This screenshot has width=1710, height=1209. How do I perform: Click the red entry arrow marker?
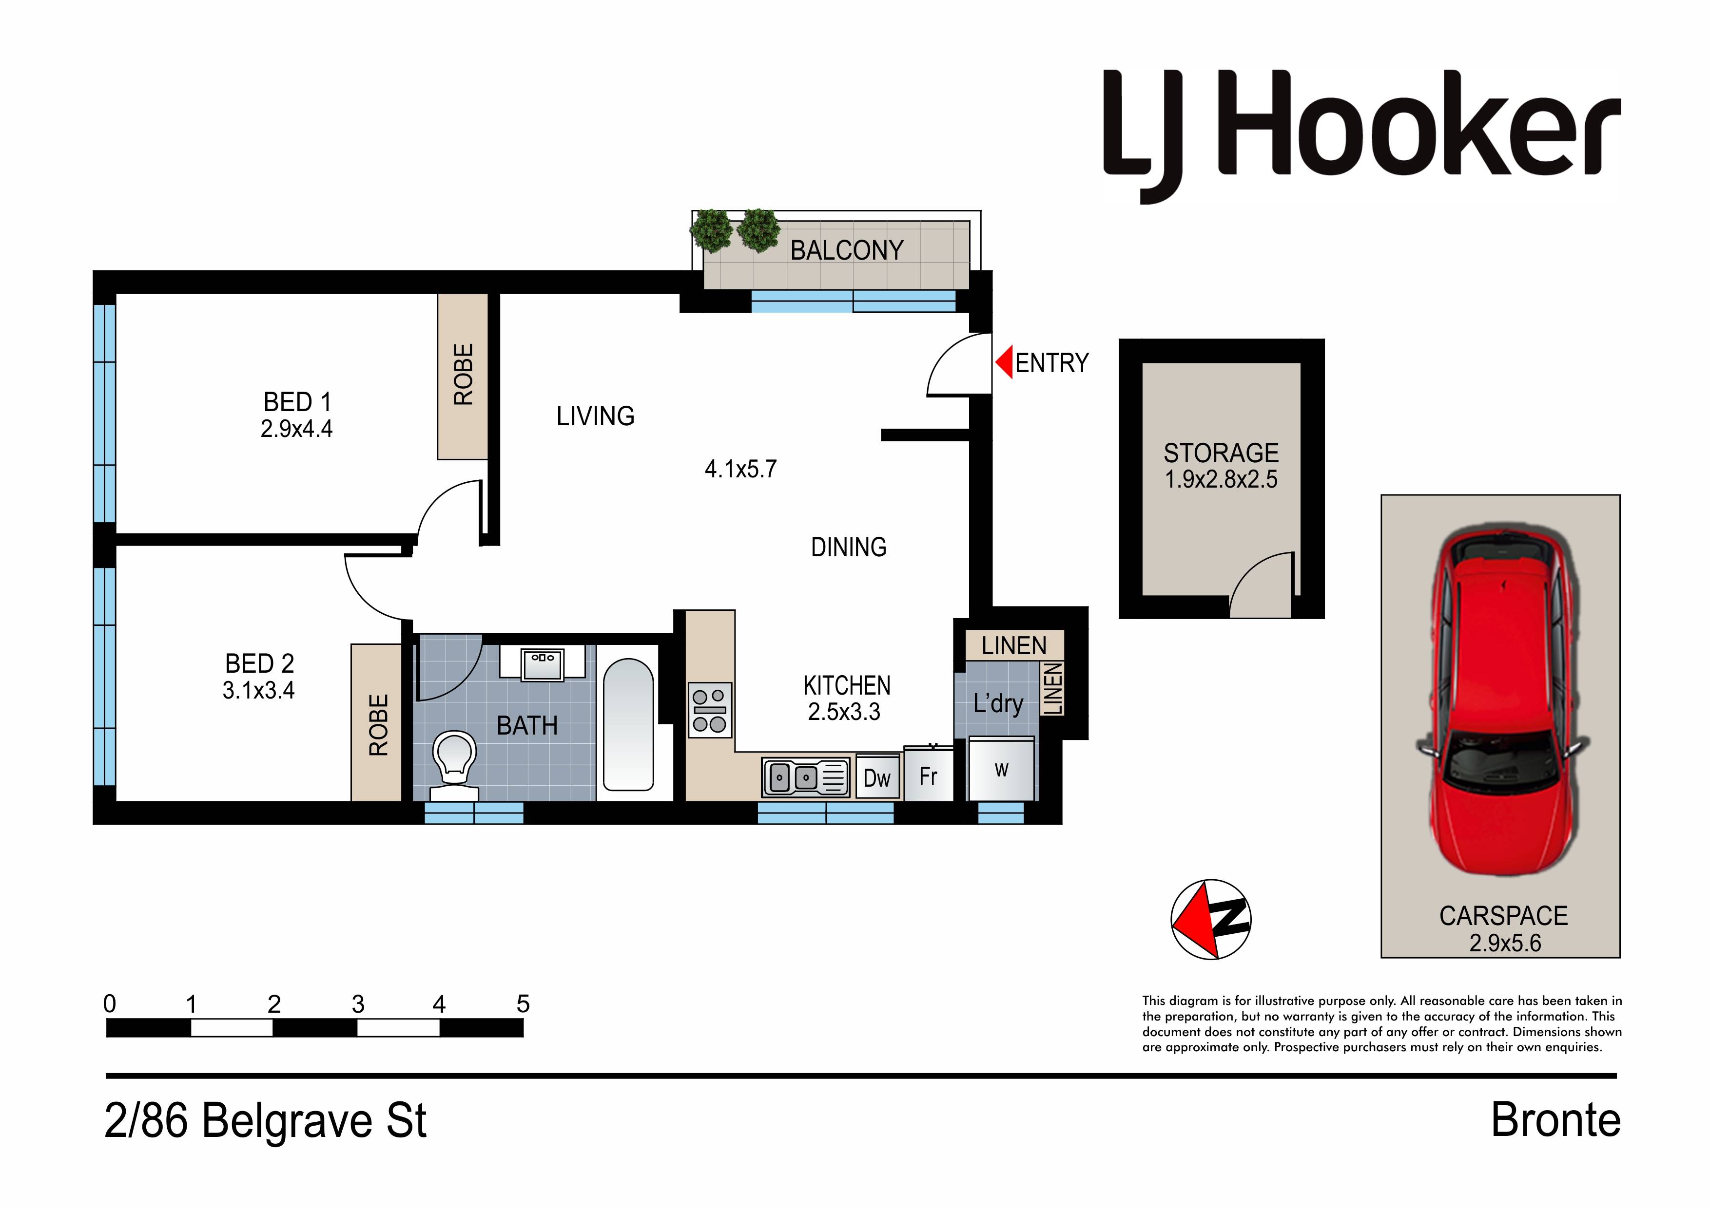pyautogui.click(x=1004, y=362)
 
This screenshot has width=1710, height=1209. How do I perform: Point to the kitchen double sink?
pyautogui.click(x=806, y=778)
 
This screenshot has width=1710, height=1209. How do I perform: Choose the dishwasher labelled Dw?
pyautogui.click(x=877, y=778)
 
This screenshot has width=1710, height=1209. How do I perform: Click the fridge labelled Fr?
pyautogui.click(x=928, y=775)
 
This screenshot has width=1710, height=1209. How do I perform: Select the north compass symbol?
pyautogui.click(x=1211, y=919)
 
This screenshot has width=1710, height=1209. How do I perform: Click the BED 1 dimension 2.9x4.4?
pyautogui.click(x=296, y=429)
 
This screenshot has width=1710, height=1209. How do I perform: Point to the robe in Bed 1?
pyautogui.click(x=463, y=376)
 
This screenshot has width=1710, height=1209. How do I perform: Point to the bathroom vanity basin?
pyautogui.click(x=542, y=663)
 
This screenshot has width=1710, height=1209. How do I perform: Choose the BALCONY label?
pyautogui.click(x=847, y=250)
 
